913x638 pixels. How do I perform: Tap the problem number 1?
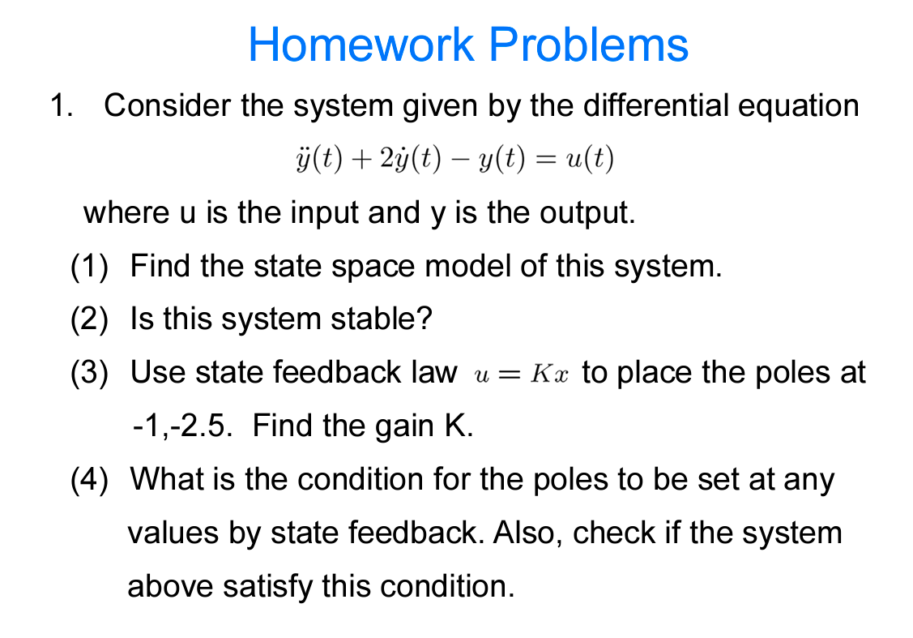tap(60, 106)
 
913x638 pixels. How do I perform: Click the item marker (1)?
tap(89, 266)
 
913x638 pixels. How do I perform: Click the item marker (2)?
tap(89, 319)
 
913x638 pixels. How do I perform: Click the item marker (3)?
tap(89, 373)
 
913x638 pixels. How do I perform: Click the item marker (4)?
tap(89, 479)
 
